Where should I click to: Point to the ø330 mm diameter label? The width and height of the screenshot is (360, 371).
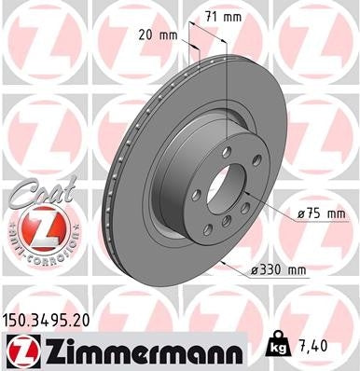point(281,270)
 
